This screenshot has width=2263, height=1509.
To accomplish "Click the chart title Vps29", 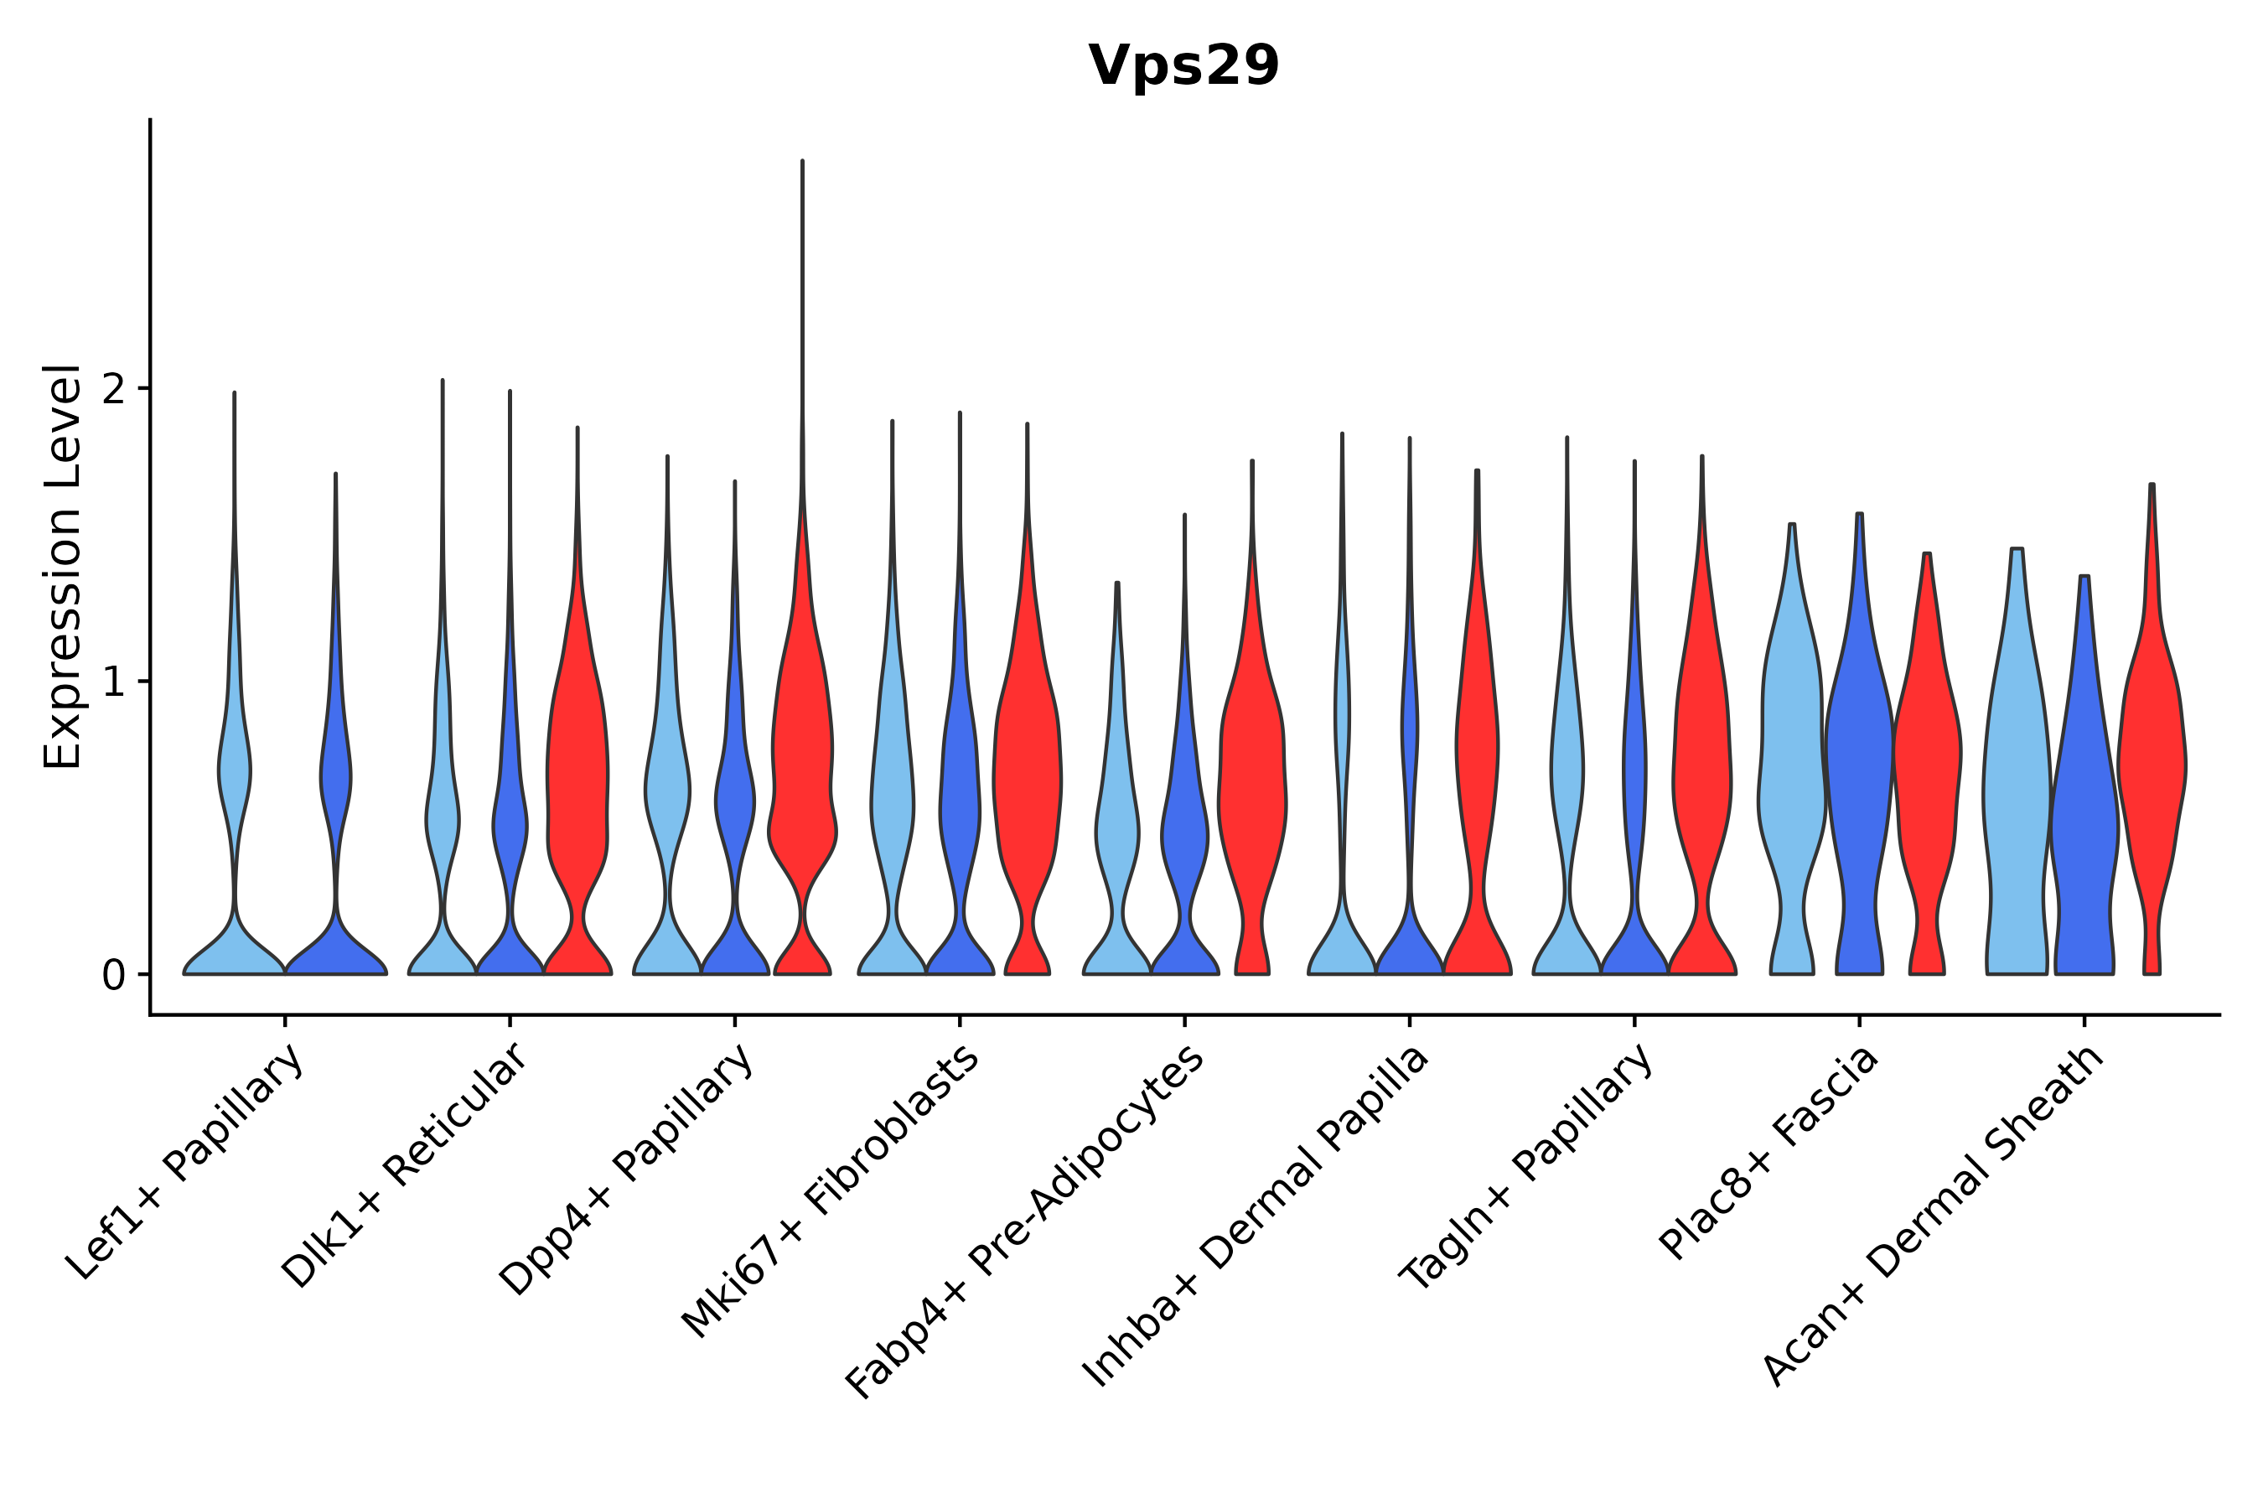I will point(1183,66).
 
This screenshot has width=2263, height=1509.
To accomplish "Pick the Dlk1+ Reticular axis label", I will point(404,1165).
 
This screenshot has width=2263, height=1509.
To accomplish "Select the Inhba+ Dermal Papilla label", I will point(1256,1217).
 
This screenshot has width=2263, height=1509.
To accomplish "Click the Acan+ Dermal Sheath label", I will point(1934,1216).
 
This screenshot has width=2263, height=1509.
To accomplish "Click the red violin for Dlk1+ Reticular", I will point(577,770).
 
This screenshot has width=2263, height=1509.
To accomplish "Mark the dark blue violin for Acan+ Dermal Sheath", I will point(2084,818).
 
